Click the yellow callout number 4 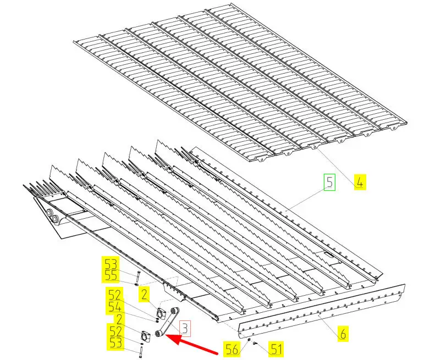360,182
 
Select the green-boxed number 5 329,182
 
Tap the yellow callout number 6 343,333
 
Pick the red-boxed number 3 185,329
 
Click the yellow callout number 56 232,349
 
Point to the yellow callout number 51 276,349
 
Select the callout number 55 111,275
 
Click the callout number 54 114,307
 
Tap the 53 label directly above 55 111,264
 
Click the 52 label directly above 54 114,295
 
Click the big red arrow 191,345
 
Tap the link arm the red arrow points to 167,322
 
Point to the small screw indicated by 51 255,343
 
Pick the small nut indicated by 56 249,340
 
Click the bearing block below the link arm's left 146,336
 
